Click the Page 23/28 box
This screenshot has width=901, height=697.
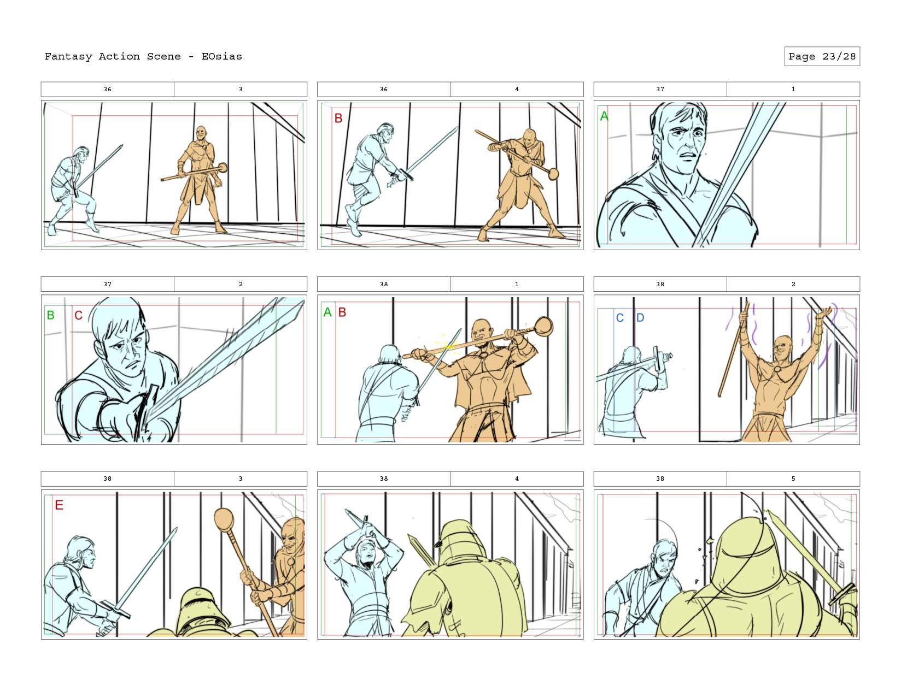point(821,56)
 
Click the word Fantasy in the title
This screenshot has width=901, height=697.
point(68,57)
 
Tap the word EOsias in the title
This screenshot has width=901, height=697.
point(221,56)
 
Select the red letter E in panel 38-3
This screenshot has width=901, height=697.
point(59,505)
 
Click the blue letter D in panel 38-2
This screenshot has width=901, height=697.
point(640,318)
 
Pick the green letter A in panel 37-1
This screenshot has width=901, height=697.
point(604,116)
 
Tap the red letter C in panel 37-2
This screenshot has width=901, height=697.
point(78,316)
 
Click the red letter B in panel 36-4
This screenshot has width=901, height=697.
point(338,118)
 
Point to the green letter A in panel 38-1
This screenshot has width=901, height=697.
point(327,312)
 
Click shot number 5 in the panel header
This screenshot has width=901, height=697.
point(793,479)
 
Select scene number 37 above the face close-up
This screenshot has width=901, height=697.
point(660,89)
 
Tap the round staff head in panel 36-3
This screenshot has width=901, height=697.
point(223,168)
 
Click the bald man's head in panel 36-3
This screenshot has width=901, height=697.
point(201,133)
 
